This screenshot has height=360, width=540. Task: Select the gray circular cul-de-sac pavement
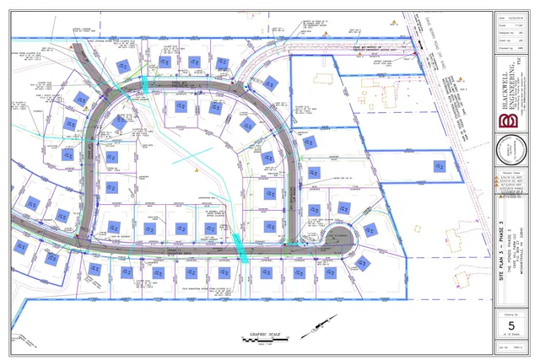pos(341,237)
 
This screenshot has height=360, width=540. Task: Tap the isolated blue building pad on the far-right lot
pos(439,166)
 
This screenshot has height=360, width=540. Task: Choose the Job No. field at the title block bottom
pos(509,347)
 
